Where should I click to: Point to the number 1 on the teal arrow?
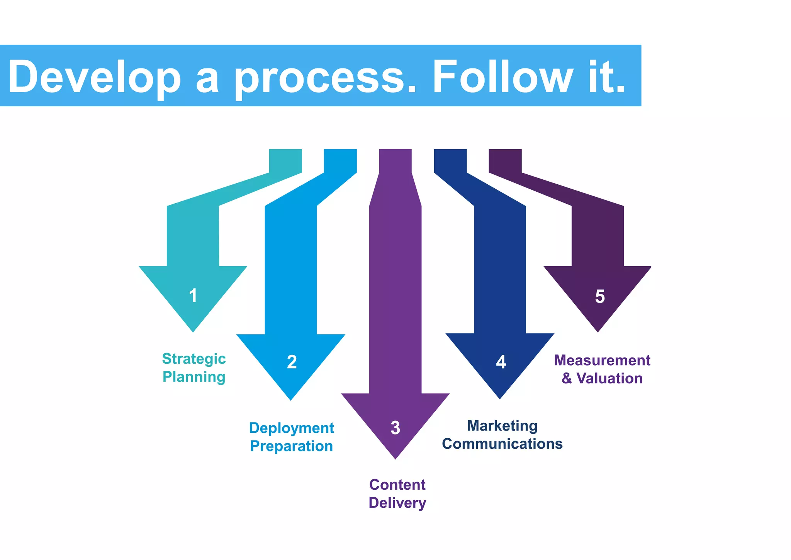(193, 296)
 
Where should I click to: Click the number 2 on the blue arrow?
(292, 362)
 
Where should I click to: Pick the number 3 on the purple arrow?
(395, 428)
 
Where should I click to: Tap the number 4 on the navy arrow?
(501, 362)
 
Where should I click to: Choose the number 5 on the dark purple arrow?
(599, 296)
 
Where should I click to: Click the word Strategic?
(194, 359)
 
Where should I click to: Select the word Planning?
(194, 377)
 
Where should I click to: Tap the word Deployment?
(292, 428)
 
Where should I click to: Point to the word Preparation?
(292, 446)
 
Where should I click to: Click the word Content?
(397, 485)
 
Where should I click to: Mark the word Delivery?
(397, 503)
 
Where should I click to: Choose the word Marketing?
(502, 426)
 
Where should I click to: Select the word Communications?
(502, 444)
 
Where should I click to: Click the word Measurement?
(602, 360)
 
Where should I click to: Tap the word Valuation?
(609, 378)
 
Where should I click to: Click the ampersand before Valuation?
(567, 378)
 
